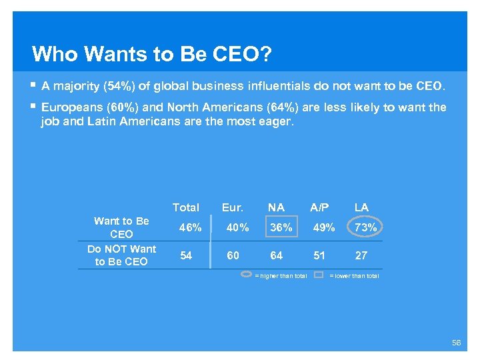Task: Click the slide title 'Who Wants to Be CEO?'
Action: coord(151,53)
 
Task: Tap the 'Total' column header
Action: coord(185,207)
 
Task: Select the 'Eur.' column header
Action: coord(233,207)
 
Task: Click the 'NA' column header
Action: coord(276,207)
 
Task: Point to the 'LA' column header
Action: coord(361,207)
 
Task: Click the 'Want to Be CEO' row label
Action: coord(121,227)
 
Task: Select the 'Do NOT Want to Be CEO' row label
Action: coord(121,255)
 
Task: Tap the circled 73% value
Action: coord(366,227)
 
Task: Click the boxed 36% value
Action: coord(280,227)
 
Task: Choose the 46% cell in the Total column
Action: coord(190,227)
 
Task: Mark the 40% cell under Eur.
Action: coord(237,227)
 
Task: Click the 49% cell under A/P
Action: coord(324,227)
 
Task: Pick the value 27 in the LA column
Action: coord(361,255)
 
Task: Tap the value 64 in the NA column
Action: coord(276,255)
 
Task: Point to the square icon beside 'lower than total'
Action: coord(319,275)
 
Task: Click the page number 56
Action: coord(456,342)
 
